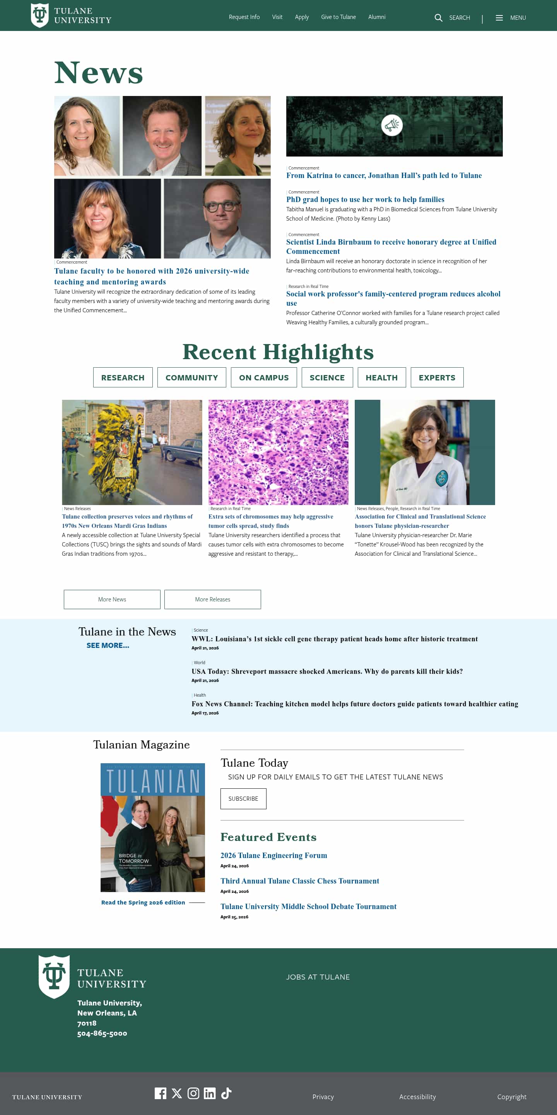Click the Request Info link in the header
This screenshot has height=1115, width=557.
(244, 17)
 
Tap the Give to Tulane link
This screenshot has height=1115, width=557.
(338, 17)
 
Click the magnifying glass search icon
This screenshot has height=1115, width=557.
(438, 18)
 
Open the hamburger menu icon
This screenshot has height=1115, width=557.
(499, 18)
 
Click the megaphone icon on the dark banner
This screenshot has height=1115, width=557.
(392, 125)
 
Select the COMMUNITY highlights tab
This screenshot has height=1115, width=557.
(191, 377)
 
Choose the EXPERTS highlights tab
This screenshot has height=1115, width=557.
(437, 377)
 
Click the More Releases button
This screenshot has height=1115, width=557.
(212, 599)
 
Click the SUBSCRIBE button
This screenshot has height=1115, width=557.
(243, 798)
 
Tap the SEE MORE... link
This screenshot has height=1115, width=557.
(108, 646)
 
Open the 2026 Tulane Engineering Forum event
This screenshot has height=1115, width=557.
(274, 855)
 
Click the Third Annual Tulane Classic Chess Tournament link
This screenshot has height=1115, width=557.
(300, 881)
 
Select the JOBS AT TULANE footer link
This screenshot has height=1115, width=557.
(318, 977)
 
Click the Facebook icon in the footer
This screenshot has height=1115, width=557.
(161, 1093)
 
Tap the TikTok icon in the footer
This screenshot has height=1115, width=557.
(226, 1093)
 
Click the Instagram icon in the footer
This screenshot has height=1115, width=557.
(193, 1093)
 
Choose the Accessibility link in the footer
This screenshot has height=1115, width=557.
(417, 1097)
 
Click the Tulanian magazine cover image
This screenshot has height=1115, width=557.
(153, 827)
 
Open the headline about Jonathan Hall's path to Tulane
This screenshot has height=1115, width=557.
(384, 175)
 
